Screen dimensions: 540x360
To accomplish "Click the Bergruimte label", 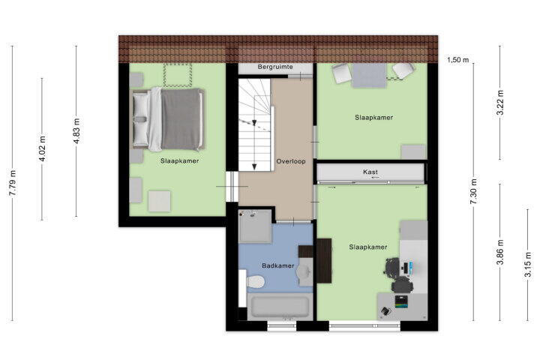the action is (275, 67).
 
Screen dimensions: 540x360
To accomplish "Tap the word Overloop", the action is (291, 161).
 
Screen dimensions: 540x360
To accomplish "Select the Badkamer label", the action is (278, 265).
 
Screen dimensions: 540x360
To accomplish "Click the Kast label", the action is (370, 172).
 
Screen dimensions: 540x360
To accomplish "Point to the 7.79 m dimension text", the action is (13, 183).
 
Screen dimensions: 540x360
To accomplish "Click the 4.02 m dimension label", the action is (42, 148).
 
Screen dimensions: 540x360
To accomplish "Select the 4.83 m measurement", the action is (76, 131).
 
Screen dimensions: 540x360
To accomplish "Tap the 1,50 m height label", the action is (458, 60).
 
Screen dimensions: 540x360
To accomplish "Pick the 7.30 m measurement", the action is (473, 191).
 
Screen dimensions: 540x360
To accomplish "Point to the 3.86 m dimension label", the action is (500, 252).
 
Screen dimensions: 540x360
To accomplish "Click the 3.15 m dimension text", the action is (527, 264).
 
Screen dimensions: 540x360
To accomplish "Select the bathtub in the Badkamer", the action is (280, 306).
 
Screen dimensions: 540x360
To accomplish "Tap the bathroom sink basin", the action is (304, 271).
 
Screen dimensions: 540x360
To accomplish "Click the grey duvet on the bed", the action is (181, 119).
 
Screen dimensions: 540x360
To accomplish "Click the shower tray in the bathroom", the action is (255, 226).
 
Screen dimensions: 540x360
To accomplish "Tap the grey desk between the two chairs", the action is (369, 76).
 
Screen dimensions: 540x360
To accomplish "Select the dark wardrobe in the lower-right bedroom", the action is (324, 261).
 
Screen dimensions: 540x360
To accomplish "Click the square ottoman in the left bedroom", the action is (160, 201).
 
